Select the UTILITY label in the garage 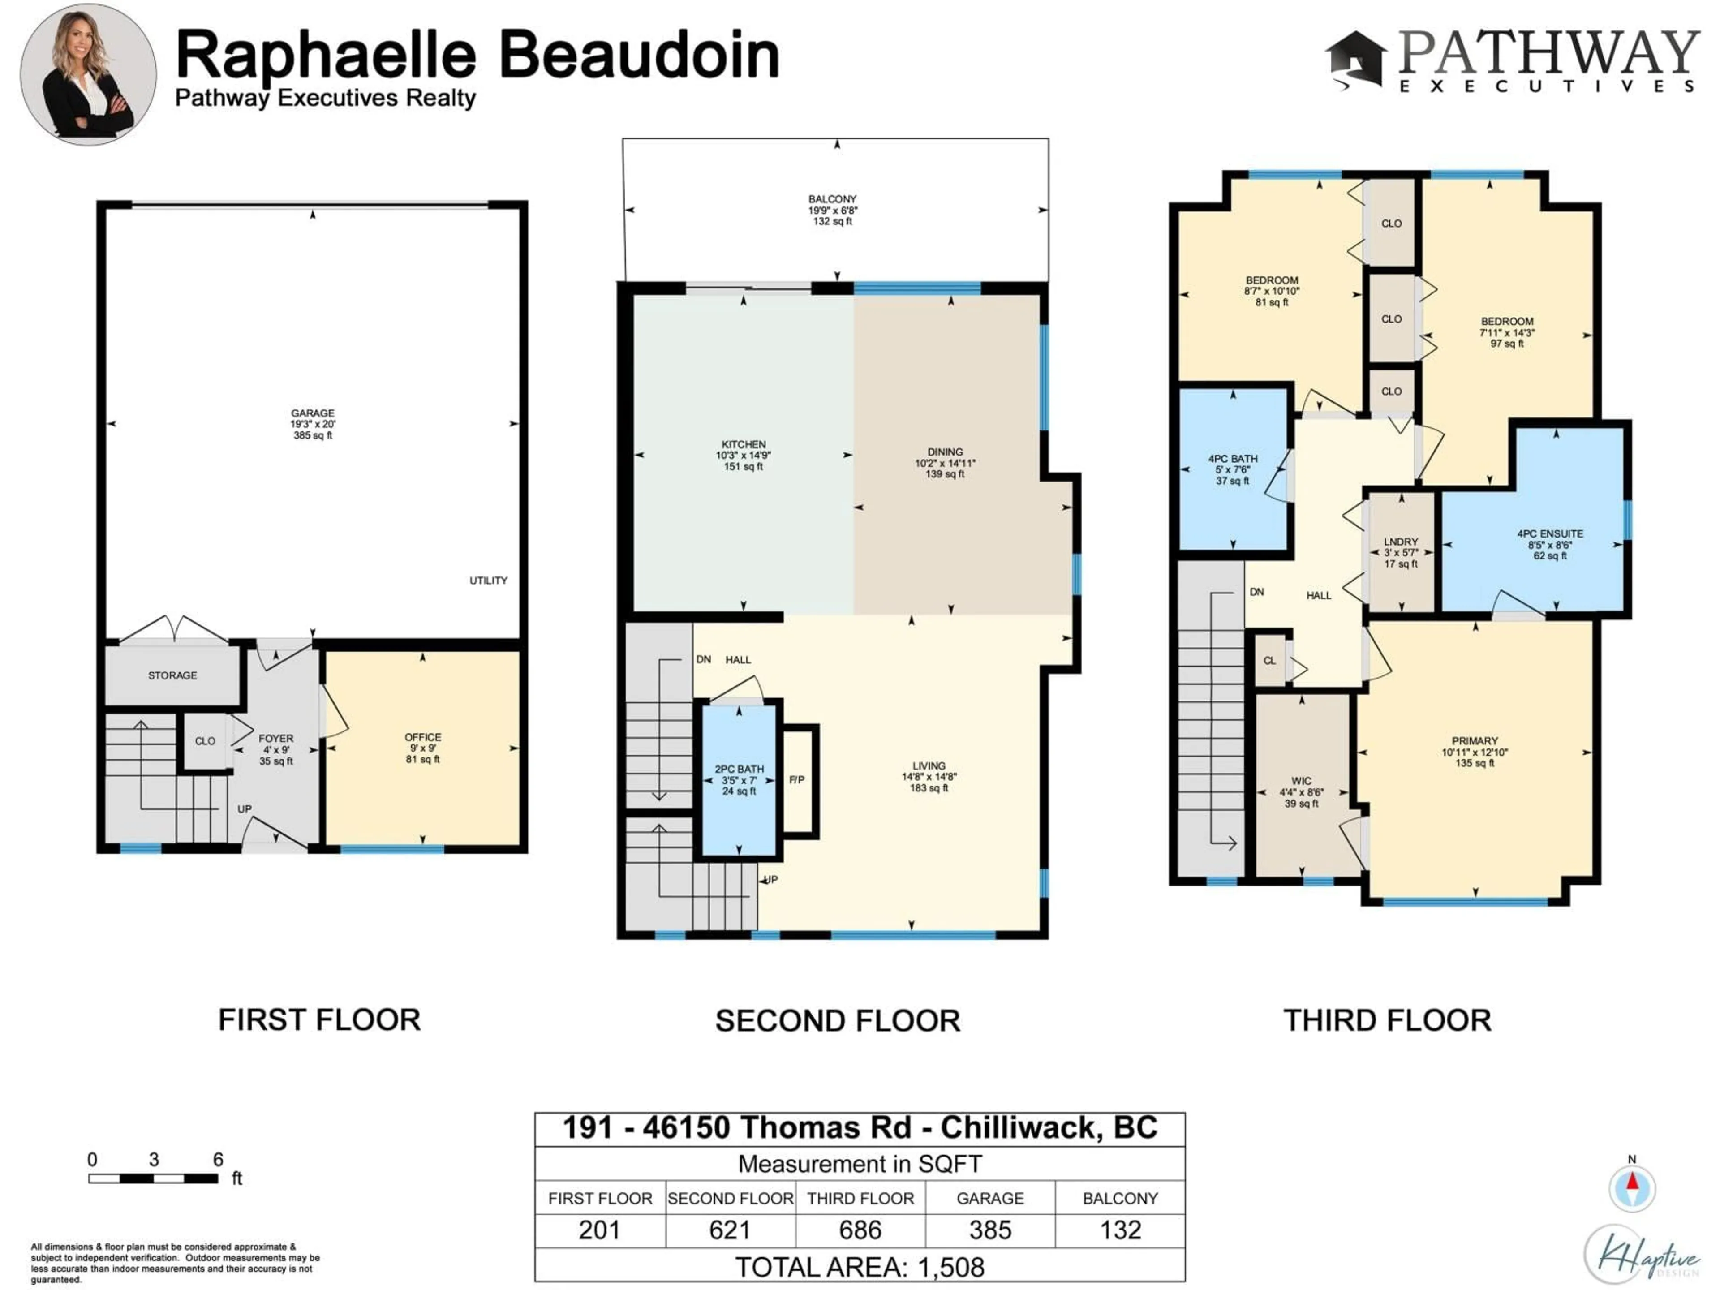488,581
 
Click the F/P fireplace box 797,780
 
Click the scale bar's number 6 219,1159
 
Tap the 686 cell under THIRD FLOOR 860,1230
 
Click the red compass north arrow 1632,1182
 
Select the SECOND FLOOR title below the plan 838,1021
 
